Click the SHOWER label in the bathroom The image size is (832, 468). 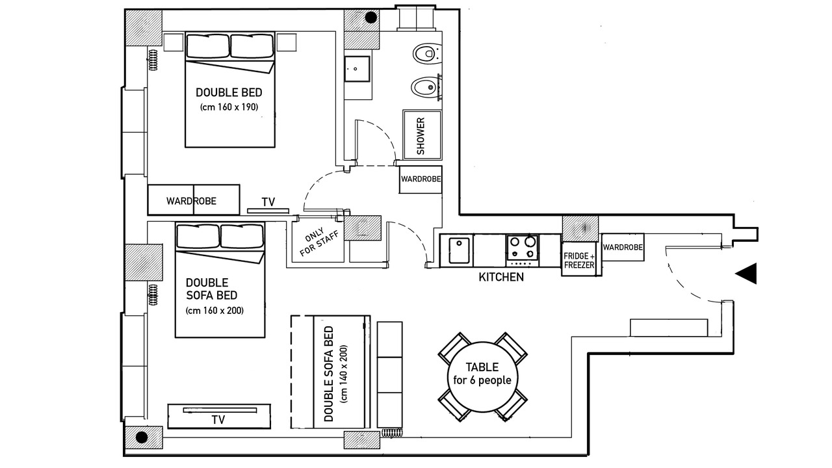[x=421, y=136]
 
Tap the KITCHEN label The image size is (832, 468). [x=501, y=277]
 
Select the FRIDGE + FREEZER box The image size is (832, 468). [x=579, y=259]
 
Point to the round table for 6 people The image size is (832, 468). [x=482, y=376]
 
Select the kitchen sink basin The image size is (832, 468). [x=459, y=251]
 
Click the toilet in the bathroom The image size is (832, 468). [x=427, y=54]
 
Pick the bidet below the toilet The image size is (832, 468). [x=426, y=88]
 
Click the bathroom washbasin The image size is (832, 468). [x=357, y=69]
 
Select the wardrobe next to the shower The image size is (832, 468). [x=421, y=179]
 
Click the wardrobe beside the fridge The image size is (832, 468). [x=623, y=247]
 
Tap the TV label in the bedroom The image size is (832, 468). [x=268, y=202]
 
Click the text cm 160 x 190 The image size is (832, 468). [x=229, y=107]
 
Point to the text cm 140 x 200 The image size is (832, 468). [x=344, y=374]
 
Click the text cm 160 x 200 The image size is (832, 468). [x=214, y=311]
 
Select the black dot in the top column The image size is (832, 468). [x=371, y=17]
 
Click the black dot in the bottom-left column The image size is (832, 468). [x=142, y=437]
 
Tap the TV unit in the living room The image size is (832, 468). [x=219, y=417]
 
